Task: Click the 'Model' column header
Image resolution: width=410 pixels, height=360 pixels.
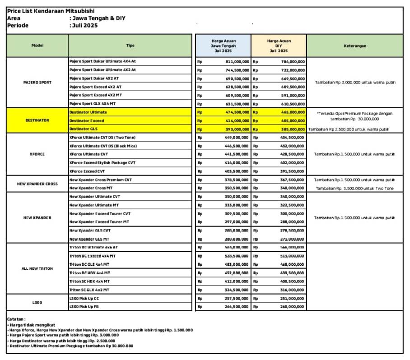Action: tap(37, 46)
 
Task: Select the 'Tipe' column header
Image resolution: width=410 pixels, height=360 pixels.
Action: tap(130, 46)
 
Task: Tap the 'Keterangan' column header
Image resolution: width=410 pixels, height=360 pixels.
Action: tap(354, 46)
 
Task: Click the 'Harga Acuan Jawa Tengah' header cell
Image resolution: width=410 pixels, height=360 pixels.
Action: tap(223, 46)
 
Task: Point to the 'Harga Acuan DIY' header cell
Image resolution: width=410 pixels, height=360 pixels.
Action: tap(279, 46)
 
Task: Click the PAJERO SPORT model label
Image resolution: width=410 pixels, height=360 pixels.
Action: tap(37, 83)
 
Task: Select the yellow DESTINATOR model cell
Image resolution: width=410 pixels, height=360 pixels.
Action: tap(37, 120)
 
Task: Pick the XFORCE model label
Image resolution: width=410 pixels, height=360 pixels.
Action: tap(37, 154)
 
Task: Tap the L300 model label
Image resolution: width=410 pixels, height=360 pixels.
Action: tap(37, 302)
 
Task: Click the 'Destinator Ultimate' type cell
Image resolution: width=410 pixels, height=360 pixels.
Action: tap(89, 112)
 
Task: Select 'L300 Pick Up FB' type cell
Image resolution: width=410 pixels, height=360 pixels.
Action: tap(84, 307)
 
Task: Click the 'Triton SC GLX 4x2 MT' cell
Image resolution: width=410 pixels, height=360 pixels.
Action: tap(89, 290)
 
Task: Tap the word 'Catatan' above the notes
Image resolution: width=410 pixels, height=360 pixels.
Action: tap(16, 318)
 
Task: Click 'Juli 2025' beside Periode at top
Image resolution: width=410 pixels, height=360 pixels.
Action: tap(85, 25)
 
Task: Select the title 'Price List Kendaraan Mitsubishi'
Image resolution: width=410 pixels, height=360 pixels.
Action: tap(51, 11)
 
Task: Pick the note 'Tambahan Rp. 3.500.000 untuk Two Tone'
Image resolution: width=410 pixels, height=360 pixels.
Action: tap(354, 188)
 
